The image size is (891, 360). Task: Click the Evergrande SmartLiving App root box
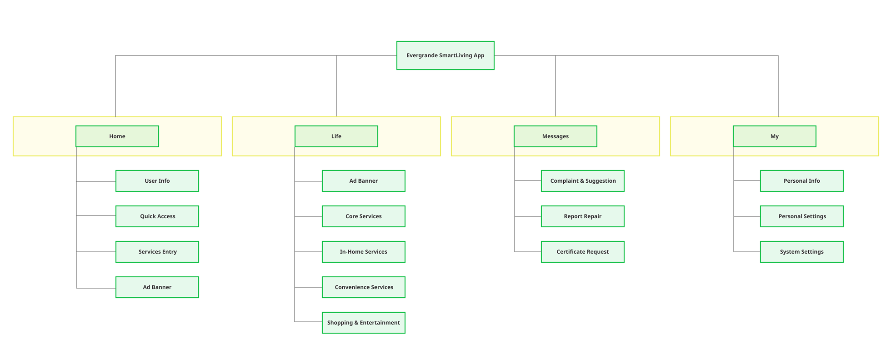point(445,55)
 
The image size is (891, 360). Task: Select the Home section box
point(117,136)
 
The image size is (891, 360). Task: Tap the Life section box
point(336,136)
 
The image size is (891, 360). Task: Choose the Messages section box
point(555,136)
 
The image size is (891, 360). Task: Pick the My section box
point(774,136)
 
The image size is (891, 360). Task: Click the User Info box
point(157,181)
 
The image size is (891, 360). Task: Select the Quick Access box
point(157,216)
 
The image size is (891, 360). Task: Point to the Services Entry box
point(157,252)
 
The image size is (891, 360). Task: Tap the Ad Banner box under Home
point(157,287)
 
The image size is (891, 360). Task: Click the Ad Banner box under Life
point(363,181)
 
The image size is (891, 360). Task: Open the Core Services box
point(363,216)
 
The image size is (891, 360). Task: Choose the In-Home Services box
point(363,252)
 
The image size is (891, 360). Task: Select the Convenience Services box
point(363,287)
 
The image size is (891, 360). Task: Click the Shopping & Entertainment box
point(363,323)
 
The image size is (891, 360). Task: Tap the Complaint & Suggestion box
point(582,181)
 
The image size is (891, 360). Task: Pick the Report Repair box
point(582,216)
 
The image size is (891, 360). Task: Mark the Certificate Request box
point(582,252)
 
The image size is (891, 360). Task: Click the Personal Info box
point(801,181)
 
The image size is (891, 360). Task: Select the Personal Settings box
point(801,216)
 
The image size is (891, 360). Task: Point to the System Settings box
point(801,252)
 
